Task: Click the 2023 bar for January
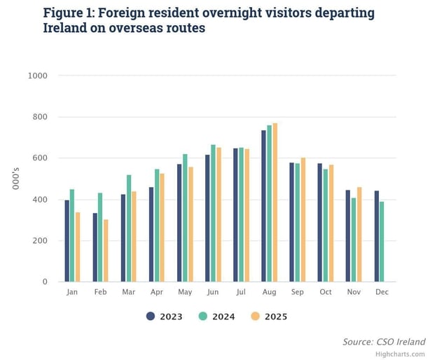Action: pos(67,241)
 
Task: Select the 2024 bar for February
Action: pos(101,237)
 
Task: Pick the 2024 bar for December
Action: pos(382,242)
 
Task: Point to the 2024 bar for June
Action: pos(213,214)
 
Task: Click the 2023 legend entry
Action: pos(165,317)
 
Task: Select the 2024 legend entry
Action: pos(216,317)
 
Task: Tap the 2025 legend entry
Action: pos(268,317)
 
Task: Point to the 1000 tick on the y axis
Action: pos(38,76)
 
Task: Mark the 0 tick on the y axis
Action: pos(46,282)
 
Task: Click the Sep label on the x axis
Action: pos(297,292)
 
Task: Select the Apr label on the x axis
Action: pos(157,292)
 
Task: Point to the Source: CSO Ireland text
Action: pos(383,342)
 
